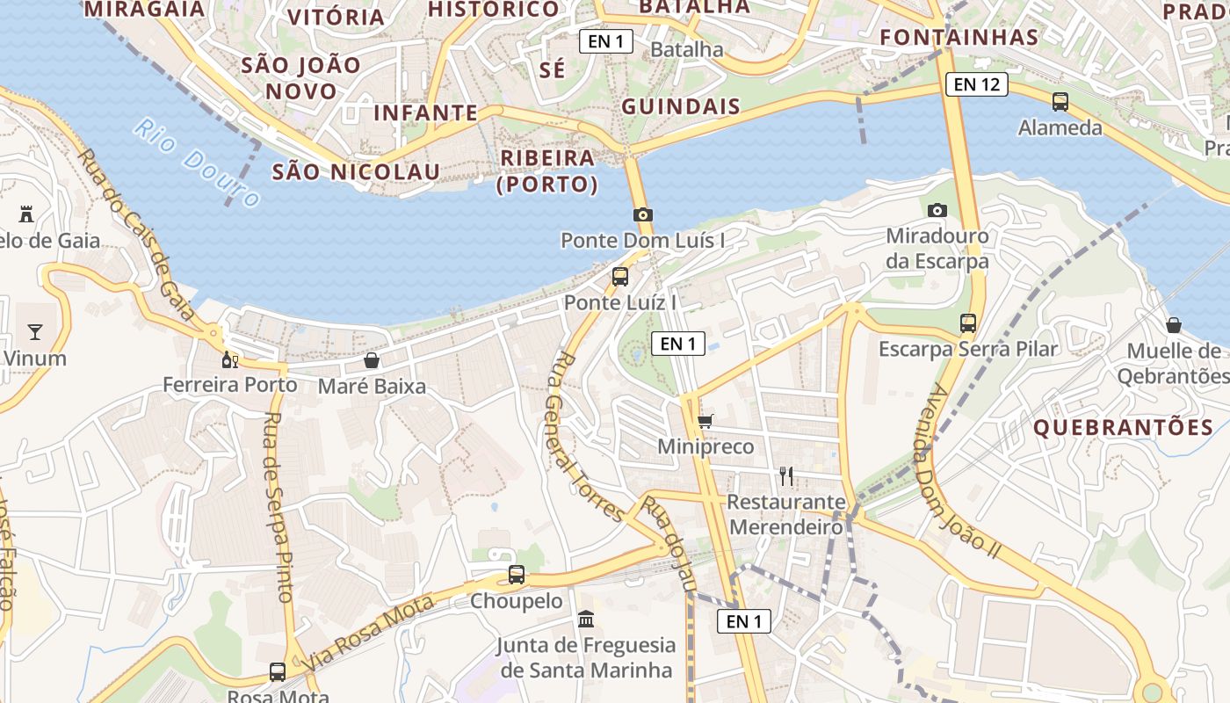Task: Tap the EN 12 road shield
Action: click(x=976, y=84)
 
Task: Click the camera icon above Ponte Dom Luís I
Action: click(x=643, y=214)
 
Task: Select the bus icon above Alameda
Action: click(x=1060, y=101)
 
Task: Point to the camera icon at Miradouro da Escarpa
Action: click(x=937, y=210)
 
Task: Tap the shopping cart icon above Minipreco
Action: click(x=705, y=421)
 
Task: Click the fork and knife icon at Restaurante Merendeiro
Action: click(x=786, y=476)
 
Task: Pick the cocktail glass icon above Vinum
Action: click(x=35, y=331)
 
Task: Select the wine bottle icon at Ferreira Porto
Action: click(x=230, y=359)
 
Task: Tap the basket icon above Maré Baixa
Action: click(x=372, y=360)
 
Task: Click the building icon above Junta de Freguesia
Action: click(x=586, y=620)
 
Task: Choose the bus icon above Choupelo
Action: click(x=517, y=576)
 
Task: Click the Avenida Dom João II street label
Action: click(x=963, y=470)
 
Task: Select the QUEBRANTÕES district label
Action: click(x=1123, y=428)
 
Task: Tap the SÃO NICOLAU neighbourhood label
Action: click(x=356, y=171)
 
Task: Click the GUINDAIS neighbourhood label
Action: click(x=681, y=107)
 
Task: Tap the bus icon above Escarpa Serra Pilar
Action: click(x=968, y=323)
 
